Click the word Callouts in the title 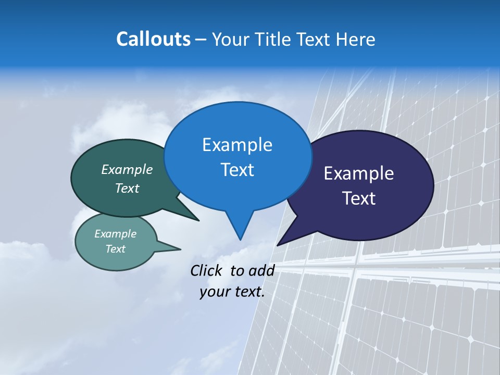click(153, 39)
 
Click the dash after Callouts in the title click(201, 40)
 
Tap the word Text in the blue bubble click(237, 170)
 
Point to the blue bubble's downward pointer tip click(240, 240)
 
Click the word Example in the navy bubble click(359, 173)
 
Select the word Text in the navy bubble click(359, 198)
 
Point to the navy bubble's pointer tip click(278, 245)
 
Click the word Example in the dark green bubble click(127, 169)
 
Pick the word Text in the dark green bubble click(127, 188)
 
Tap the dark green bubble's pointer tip click(199, 220)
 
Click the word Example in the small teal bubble click(115, 234)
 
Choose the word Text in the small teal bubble click(115, 249)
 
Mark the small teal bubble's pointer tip click(181, 248)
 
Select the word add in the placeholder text click(261, 270)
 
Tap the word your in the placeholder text click(215, 292)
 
